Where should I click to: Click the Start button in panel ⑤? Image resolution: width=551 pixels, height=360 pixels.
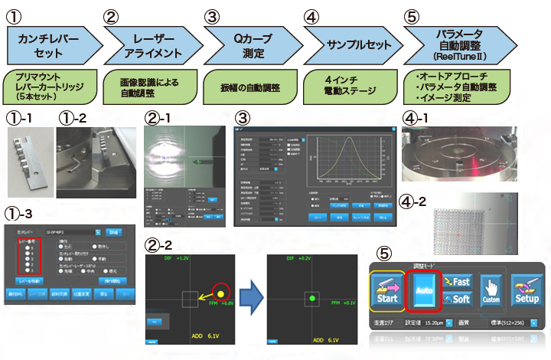387,292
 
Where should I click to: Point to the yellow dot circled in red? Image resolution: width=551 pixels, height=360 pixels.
221,293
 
